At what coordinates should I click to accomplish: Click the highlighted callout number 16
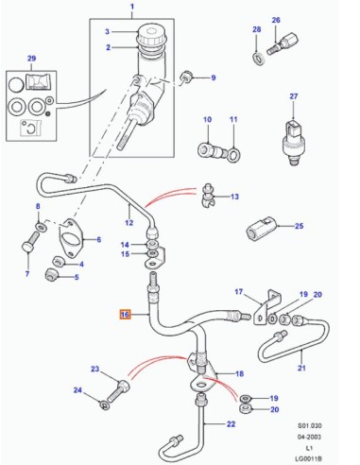(125, 315)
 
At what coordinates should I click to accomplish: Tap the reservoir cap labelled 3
(151, 36)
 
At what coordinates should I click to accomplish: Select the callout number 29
(31, 59)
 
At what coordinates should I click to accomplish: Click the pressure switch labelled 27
(292, 142)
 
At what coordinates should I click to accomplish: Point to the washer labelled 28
(259, 59)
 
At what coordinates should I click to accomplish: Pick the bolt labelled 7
(29, 242)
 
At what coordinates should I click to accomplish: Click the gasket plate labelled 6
(71, 239)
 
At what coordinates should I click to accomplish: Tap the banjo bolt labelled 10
(211, 150)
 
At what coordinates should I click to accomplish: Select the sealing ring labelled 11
(233, 155)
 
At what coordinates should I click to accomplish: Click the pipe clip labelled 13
(208, 196)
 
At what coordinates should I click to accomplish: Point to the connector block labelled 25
(260, 228)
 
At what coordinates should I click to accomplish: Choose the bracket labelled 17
(267, 307)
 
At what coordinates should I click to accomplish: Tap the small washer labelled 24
(104, 405)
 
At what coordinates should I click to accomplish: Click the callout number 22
(231, 424)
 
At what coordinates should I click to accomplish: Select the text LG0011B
(309, 458)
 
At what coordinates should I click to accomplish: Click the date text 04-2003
(310, 437)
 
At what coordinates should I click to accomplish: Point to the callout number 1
(132, 7)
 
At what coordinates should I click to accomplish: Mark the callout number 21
(301, 368)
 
